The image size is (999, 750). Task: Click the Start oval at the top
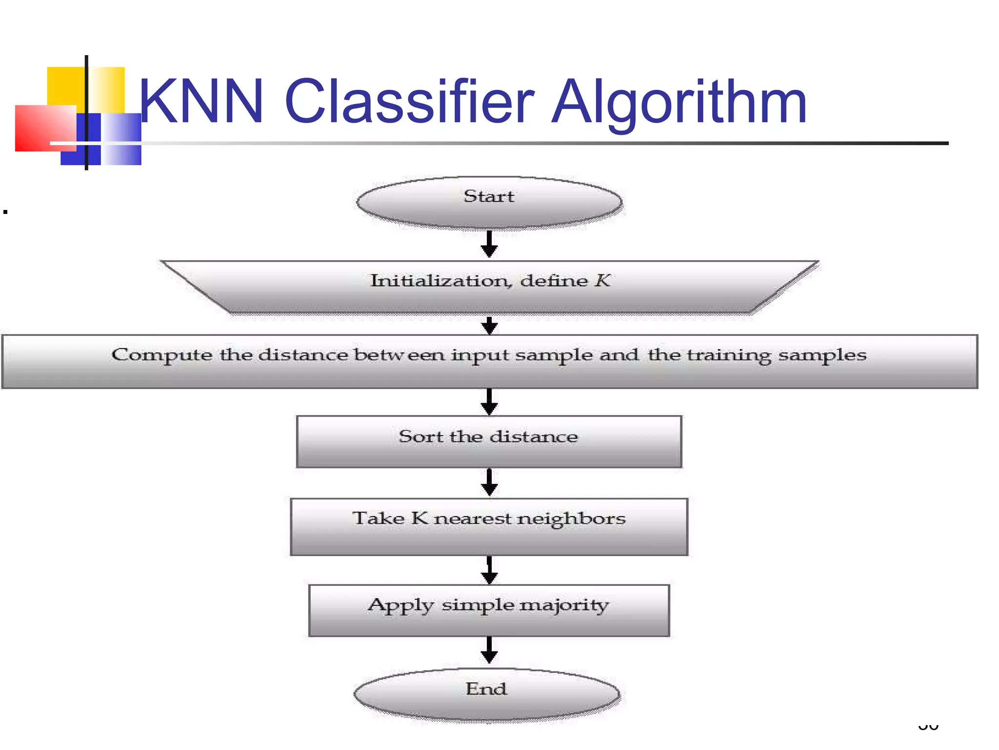(x=489, y=202)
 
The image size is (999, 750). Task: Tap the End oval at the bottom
(x=486, y=694)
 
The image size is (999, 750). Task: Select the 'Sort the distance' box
(x=489, y=441)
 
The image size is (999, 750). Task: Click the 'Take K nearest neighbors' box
(x=489, y=526)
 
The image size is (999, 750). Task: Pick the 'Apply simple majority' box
(x=489, y=610)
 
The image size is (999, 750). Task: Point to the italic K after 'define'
(x=602, y=280)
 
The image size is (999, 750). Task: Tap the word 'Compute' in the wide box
(x=161, y=355)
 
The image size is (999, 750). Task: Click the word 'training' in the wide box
(x=729, y=355)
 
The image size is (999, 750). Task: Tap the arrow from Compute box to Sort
(x=489, y=402)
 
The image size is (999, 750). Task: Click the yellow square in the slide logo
(x=66, y=85)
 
